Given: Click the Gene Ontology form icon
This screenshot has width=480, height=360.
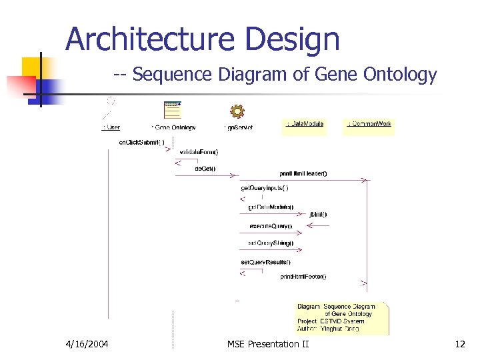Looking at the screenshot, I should coord(173,110).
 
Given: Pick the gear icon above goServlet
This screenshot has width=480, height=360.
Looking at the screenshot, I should coord(237,111).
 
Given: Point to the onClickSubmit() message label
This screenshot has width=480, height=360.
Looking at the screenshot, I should coord(141,142).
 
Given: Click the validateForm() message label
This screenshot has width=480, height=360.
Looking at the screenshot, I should coord(199,152).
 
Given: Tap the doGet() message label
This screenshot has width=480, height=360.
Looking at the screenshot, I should coord(205,169).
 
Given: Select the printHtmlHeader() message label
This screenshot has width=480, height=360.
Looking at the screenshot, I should coord(303,173).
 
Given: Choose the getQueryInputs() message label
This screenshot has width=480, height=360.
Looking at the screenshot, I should coord(265,188).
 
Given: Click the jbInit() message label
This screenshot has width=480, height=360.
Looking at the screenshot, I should coord(318,214).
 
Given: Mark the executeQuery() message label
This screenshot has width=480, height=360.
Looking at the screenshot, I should coord(270,226).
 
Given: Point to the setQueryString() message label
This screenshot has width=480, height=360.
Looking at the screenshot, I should coord(271,243).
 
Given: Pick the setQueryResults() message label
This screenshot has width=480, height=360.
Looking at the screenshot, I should coord(265,262).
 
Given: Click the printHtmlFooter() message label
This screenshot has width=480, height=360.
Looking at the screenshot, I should coord(303,276).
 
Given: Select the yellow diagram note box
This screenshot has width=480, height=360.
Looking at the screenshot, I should coord(342,318).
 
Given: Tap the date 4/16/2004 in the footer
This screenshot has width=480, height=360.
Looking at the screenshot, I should coord(87,344).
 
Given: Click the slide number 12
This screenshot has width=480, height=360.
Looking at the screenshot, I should coord(459,344).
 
